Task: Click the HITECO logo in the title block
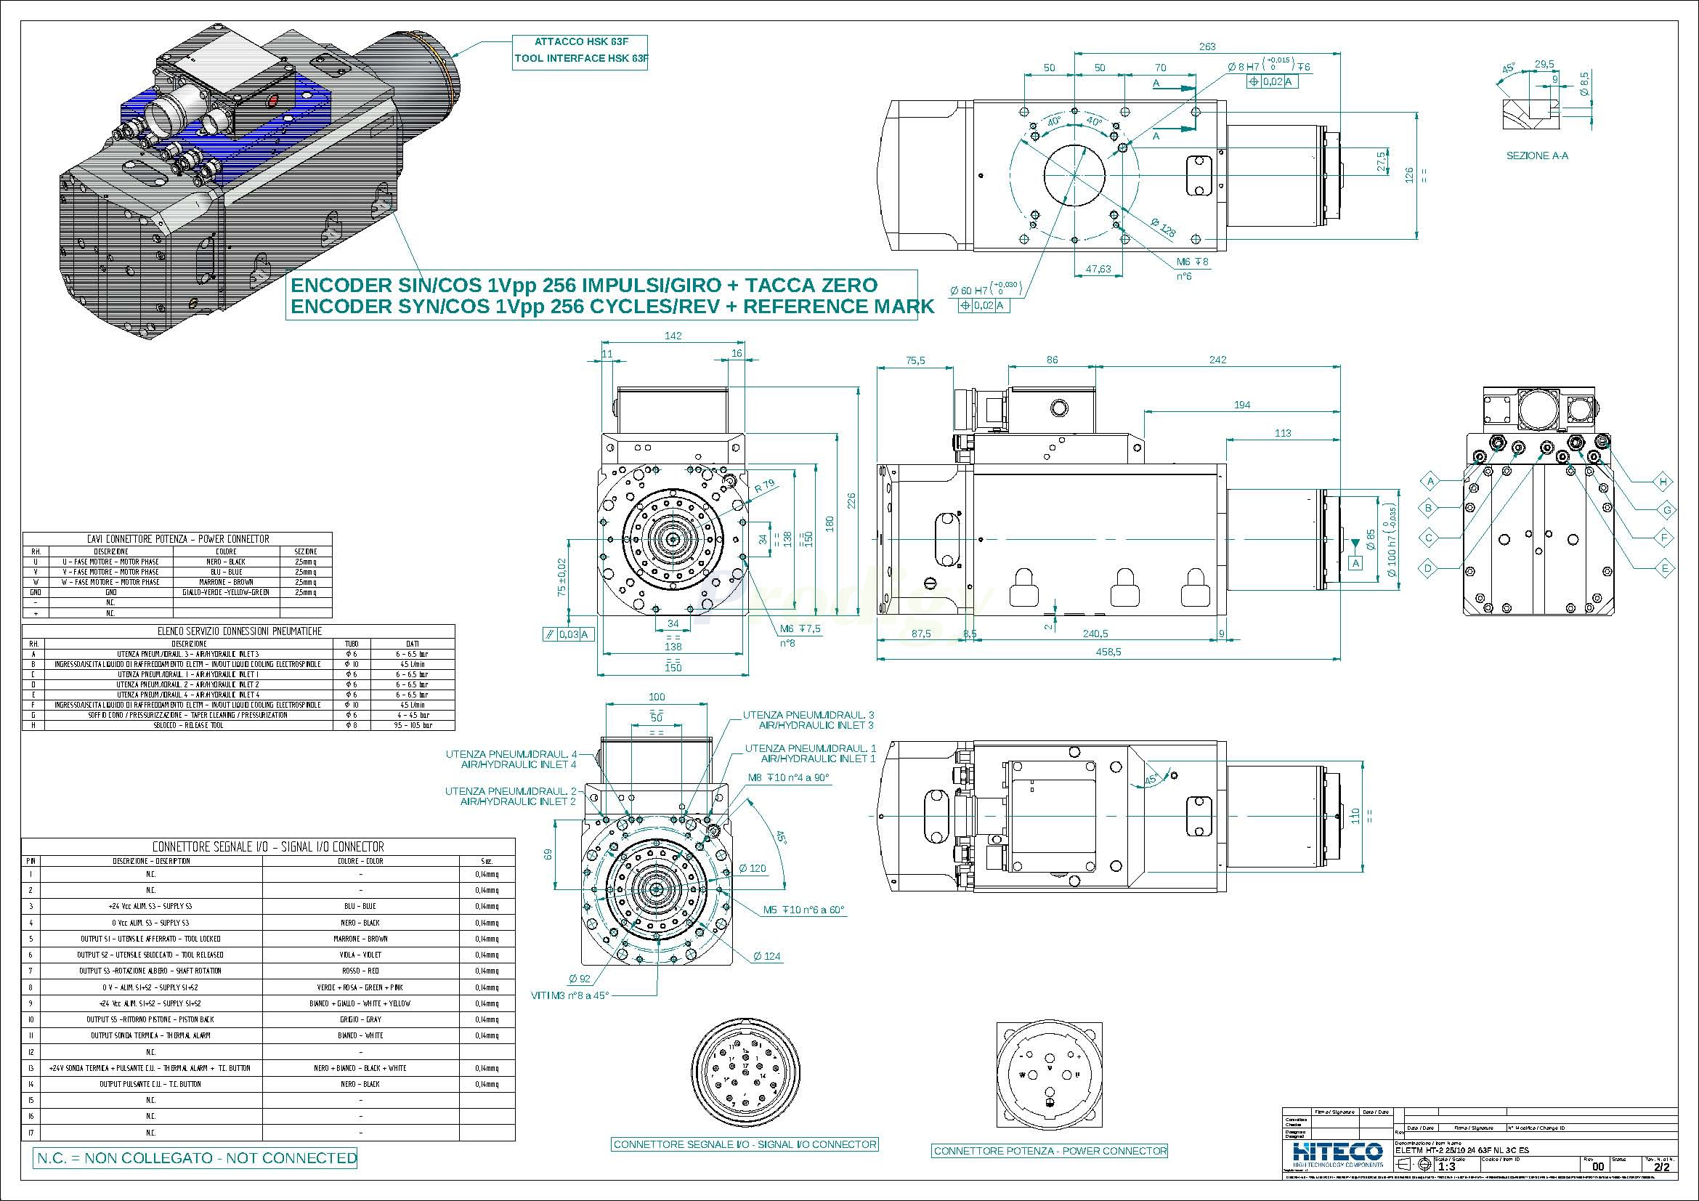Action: point(1337,1153)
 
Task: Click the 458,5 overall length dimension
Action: point(1108,652)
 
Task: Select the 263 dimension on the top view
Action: point(1207,46)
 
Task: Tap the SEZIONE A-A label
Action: point(1537,156)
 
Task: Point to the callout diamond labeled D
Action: point(1429,568)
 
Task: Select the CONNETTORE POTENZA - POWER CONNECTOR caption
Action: point(1050,1151)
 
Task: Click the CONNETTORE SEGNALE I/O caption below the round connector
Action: point(745,1144)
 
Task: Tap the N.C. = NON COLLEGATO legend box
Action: point(195,1157)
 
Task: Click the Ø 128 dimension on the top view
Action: point(1163,229)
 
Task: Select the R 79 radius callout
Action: point(764,486)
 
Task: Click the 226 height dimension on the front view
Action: point(851,501)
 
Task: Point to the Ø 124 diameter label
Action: point(767,956)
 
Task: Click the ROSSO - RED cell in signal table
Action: point(360,971)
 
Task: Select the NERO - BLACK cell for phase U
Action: point(226,562)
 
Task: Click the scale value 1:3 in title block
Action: point(1446,1166)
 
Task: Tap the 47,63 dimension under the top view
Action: point(1098,269)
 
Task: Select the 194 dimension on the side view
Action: point(1241,405)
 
